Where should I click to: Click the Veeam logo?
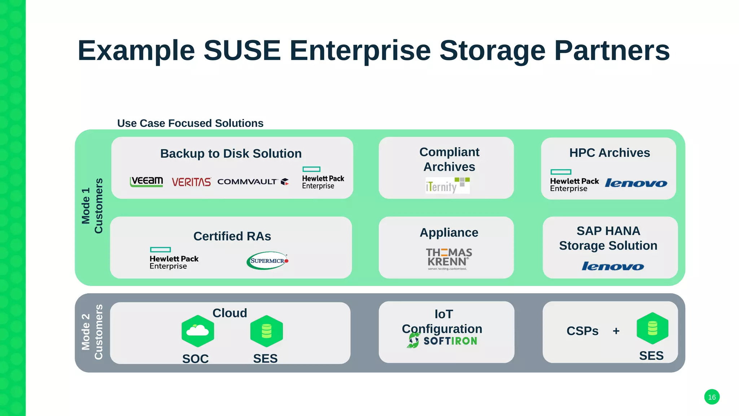(146, 181)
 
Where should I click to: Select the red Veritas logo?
(191, 182)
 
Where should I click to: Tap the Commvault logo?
(253, 182)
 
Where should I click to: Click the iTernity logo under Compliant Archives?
(447, 186)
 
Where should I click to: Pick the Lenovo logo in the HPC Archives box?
(636, 183)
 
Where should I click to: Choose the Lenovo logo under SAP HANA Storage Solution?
(613, 266)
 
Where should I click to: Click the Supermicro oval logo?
(267, 260)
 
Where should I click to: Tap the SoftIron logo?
(442, 341)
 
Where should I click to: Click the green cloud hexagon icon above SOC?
(198, 331)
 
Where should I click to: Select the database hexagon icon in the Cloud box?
(266, 331)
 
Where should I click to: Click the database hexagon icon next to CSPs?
(652, 328)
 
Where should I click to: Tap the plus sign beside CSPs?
(616, 331)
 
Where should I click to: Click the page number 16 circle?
(712, 397)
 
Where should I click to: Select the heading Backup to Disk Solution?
(231, 153)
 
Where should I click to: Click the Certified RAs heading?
(232, 236)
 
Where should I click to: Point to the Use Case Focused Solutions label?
(190, 123)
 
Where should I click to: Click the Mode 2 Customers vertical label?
(92, 332)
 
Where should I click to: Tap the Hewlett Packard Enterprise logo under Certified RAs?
(174, 259)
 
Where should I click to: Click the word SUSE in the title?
(242, 51)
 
